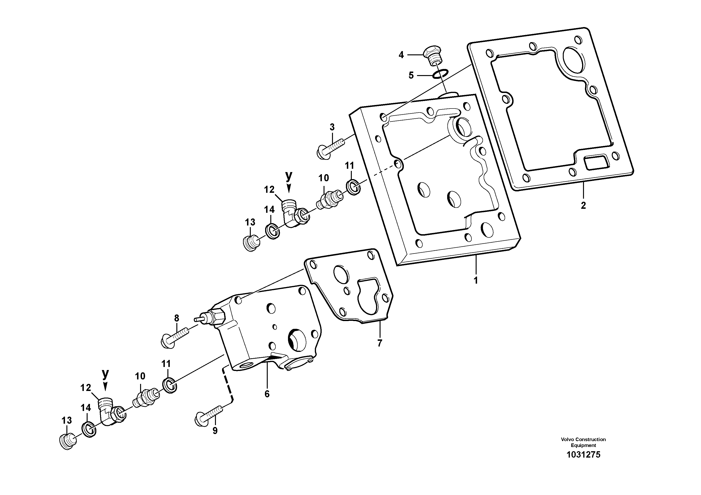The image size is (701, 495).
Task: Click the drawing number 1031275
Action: [583, 463]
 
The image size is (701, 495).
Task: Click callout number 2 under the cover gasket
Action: [583, 206]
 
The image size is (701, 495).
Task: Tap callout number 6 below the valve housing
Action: [267, 394]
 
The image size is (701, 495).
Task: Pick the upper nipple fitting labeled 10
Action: [328, 200]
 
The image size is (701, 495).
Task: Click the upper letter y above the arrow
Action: [288, 176]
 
